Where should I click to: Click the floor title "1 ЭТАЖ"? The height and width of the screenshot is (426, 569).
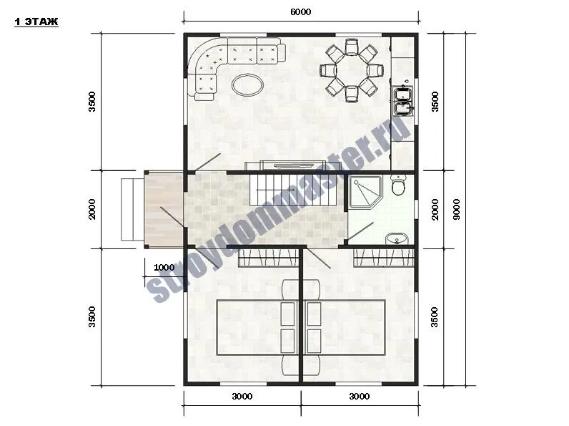[36, 21]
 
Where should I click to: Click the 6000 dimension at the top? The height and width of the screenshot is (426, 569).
[301, 12]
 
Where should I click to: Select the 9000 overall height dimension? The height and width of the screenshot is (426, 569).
[457, 209]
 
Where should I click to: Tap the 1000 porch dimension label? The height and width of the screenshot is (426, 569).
[164, 268]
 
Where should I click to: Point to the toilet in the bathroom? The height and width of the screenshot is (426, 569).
[398, 185]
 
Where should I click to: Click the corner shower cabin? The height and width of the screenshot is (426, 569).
[365, 193]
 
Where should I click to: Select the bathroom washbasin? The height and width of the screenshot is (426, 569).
[397, 239]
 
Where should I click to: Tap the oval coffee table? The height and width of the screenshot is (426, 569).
[247, 85]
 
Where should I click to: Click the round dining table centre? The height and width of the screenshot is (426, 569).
[351, 70]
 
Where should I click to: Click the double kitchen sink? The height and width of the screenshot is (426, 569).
[403, 101]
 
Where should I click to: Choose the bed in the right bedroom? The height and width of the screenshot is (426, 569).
[345, 327]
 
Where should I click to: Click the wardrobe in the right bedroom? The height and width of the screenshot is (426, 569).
[384, 258]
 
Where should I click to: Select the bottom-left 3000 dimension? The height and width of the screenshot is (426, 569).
[242, 396]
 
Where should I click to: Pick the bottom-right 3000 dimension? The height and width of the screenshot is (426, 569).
[360, 396]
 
